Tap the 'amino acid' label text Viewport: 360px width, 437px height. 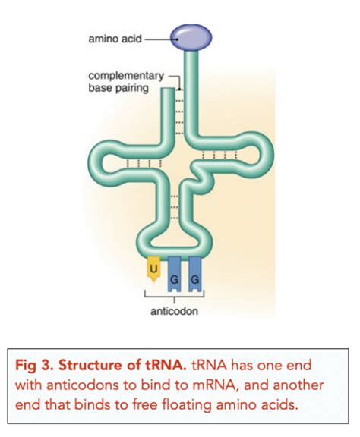tap(115, 36)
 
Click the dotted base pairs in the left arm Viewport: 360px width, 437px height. tap(137, 162)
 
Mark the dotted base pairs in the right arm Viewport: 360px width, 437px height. tap(221, 156)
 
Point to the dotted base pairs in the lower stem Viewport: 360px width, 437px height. tap(175, 205)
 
